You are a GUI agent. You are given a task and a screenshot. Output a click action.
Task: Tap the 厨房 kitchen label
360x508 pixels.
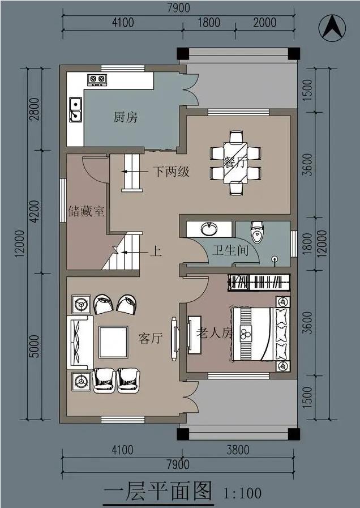pos(125,118)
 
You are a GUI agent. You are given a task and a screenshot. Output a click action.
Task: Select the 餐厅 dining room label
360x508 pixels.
pos(234,163)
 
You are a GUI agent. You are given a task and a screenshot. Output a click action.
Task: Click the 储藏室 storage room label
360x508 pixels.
pos(86,212)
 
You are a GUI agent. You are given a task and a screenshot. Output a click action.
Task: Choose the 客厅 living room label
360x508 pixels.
pos(151,339)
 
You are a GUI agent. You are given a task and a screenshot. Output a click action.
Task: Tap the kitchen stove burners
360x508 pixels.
pos(97,80)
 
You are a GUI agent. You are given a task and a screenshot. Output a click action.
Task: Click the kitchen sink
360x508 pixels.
pos(75,110)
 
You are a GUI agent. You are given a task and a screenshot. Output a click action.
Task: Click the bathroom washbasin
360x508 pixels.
pos(209,229)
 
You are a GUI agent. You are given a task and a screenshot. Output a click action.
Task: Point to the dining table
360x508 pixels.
pos(235,162)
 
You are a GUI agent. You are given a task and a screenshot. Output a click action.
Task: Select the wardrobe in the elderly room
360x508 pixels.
pos(259,281)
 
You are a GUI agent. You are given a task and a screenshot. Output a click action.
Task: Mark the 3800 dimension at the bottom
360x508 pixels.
pos(237,450)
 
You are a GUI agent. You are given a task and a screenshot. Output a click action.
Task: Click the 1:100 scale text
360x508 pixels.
pos(243,493)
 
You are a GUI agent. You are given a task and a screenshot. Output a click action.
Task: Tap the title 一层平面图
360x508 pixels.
pos(158,490)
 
